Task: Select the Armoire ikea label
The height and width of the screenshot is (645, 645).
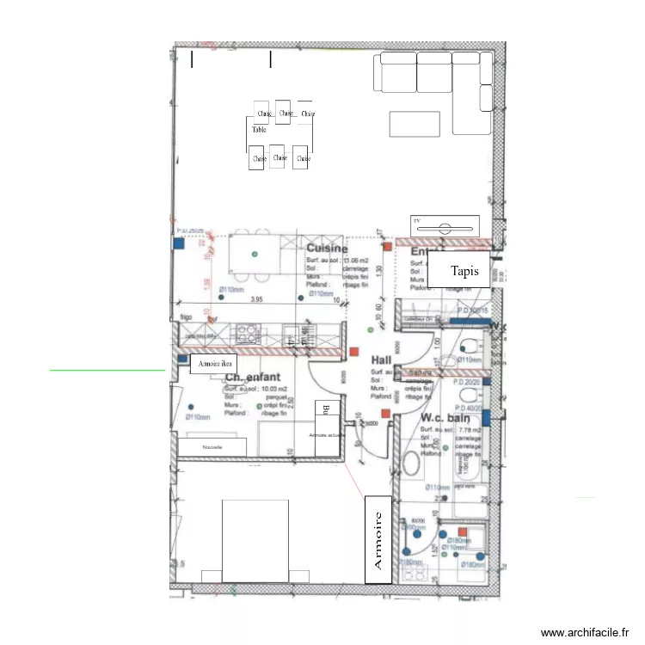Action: pyautogui.click(x=214, y=365)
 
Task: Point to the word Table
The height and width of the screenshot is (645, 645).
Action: pyautogui.click(x=258, y=130)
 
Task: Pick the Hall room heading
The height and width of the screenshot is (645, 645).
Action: pyautogui.click(x=382, y=359)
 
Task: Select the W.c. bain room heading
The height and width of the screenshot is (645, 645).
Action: pyautogui.click(x=445, y=418)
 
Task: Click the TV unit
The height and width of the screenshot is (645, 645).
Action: pyautogui.click(x=445, y=229)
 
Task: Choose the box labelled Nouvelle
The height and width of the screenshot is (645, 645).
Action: pyautogui.click(x=212, y=447)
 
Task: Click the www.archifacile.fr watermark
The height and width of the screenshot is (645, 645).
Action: pyautogui.click(x=585, y=632)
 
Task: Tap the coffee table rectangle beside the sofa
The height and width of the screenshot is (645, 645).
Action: pyautogui.click(x=415, y=124)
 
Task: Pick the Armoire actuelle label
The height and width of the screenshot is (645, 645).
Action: pyautogui.click(x=325, y=435)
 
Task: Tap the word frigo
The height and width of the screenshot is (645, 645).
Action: pyautogui.click(x=186, y=317)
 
